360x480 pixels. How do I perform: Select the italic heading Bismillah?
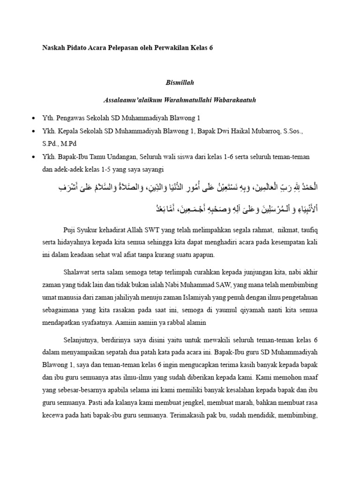(180, 82)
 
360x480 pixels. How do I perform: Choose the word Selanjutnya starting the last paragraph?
(81, 339)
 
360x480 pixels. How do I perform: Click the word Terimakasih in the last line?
(189, 415)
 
